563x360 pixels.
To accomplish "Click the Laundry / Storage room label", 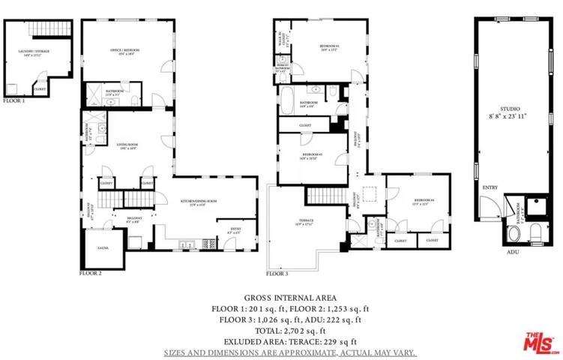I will point(31,52).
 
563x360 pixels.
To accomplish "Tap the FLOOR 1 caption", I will point(13,100).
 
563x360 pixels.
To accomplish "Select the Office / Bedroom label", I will point(125,51).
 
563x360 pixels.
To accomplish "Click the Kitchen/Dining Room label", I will point(198,201).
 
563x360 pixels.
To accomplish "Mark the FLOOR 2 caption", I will point(91,274).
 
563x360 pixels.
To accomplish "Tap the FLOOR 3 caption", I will point(277,274).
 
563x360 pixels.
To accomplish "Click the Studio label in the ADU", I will point(510,112).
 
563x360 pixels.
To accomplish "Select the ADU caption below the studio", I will point(513,252).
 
